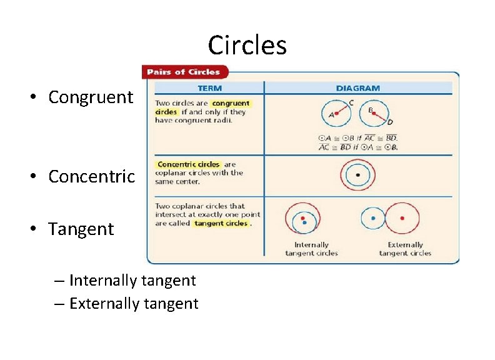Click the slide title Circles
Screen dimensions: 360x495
coord(247,46)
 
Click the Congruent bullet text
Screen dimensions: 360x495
coord(91,97)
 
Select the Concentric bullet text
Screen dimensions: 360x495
coord(91,177)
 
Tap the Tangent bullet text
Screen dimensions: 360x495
coord(81,229)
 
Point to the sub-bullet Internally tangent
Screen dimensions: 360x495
coord(132,281)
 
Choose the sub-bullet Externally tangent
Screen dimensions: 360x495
coord(134,304)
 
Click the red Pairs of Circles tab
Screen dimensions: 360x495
coord(184,72)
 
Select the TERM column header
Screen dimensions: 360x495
coord(209,88)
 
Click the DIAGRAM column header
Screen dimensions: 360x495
coord(357,88)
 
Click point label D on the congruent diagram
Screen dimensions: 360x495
coord(390,121)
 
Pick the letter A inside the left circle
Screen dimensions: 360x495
coord(331,115)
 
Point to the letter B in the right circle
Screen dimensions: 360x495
coord(371,110)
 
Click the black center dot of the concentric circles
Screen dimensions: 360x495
coord(357,175)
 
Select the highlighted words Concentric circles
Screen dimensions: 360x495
coord(188,164)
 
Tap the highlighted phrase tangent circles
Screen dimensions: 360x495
coord(221,223)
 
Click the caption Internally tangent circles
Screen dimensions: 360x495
coord(311,249)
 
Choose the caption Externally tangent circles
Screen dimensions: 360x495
coord(405,249)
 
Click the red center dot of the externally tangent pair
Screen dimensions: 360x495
coord(402,218)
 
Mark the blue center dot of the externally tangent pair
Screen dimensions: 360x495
coord(373,218)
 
